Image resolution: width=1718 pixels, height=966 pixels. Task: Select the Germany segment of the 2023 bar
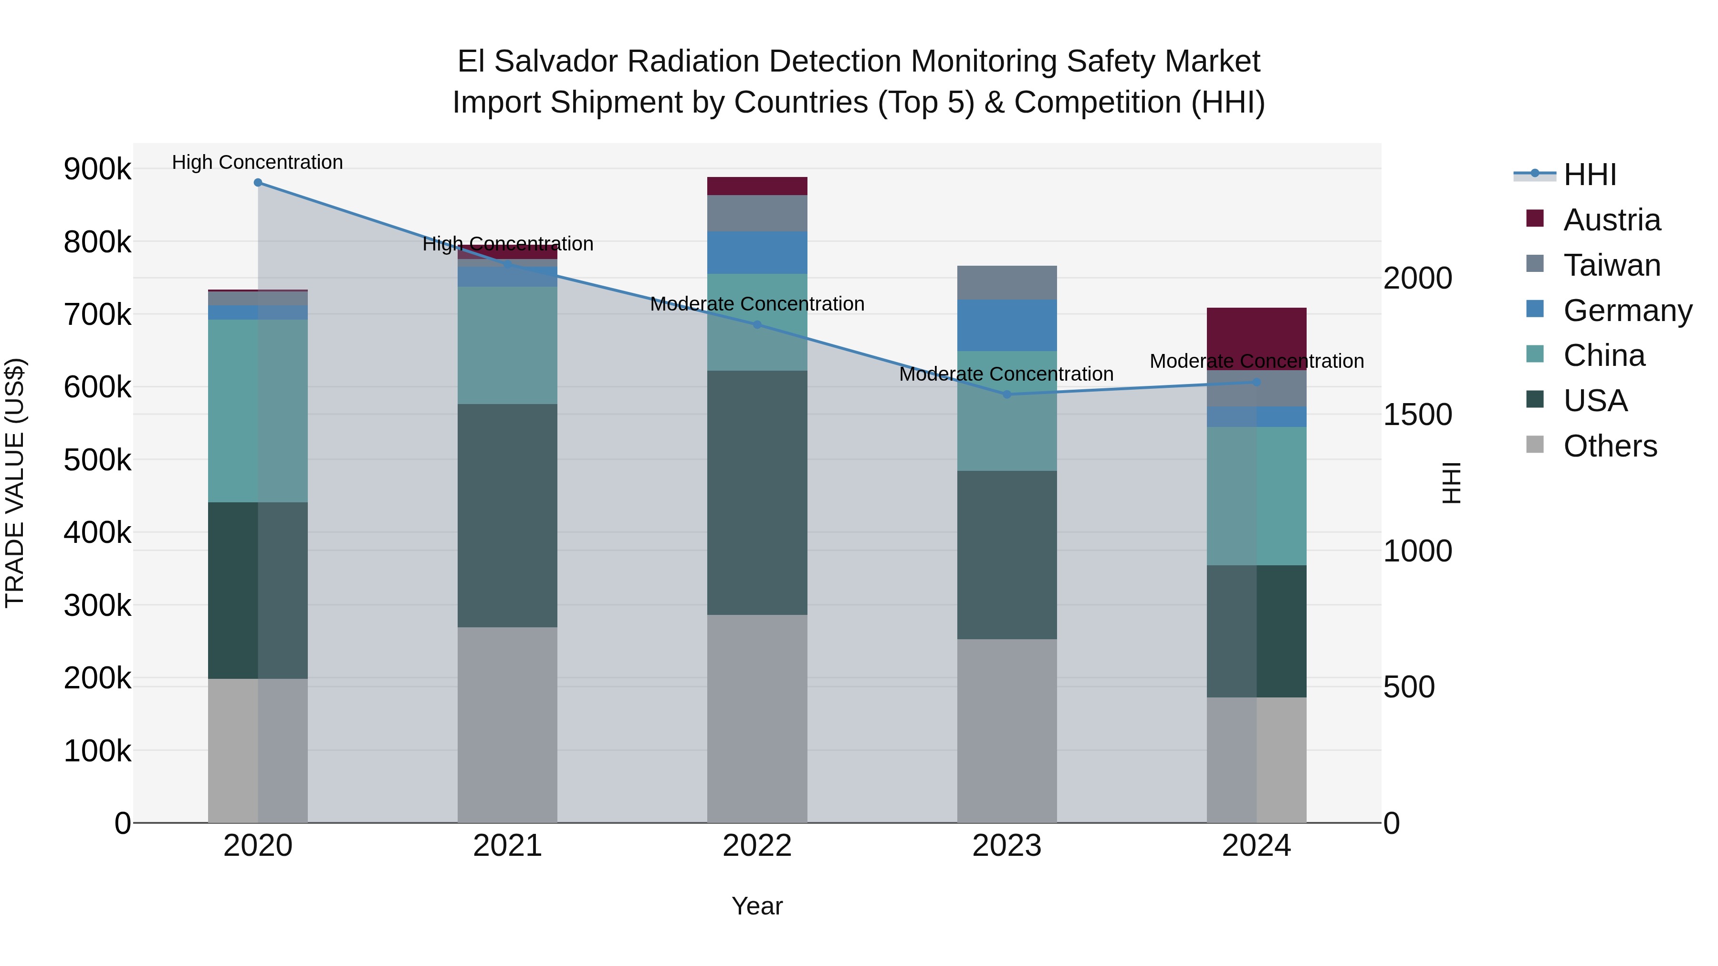1006,325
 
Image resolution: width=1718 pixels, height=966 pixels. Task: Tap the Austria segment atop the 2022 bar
757,186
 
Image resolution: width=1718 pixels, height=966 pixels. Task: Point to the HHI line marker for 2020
258,183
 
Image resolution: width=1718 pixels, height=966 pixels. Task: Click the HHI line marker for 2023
1007,395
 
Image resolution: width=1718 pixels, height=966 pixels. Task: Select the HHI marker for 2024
1257,383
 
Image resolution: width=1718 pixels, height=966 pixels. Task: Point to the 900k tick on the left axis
97,169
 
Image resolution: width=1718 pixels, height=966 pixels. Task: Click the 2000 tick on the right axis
1417,278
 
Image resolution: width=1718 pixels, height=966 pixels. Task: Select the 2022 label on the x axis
757,846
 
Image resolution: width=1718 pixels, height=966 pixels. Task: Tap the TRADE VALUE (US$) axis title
15,483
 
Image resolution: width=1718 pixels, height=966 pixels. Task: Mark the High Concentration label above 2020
257,163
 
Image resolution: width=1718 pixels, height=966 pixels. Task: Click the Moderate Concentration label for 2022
757,304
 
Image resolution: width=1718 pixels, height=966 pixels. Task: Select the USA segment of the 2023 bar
1006,555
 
